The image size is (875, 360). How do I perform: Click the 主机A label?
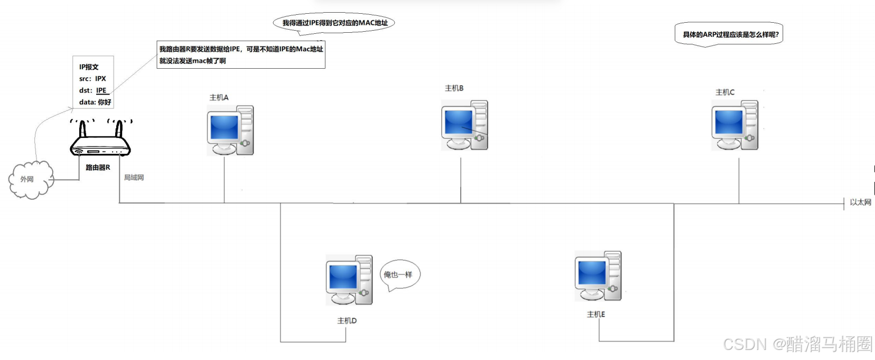(x=219, y=98)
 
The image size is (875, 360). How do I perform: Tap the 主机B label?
(x=454, y=88)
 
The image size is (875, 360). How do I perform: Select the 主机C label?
(x=724, y=93)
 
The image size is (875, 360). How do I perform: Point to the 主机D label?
(x=347, y=321)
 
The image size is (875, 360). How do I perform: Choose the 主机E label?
(x=595, y=315)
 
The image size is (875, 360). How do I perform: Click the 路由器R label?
(x=98, y=168)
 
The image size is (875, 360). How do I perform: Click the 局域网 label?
(x=134, y=178)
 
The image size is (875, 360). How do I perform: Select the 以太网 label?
(x=860, y=202)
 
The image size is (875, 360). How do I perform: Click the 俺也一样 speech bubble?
(x=399, y=275)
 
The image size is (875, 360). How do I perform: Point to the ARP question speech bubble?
(x=730, y=35)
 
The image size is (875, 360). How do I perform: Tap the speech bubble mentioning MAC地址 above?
(x=334, y=23)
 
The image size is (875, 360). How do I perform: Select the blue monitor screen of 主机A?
(x=224, y=127)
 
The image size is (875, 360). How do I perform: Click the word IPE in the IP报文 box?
(x=101, y=90)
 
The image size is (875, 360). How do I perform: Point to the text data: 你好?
(x=95, y=102)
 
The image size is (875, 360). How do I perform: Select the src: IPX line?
(x=92, y=79)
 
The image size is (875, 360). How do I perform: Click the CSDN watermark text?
(x=797, y=345)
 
